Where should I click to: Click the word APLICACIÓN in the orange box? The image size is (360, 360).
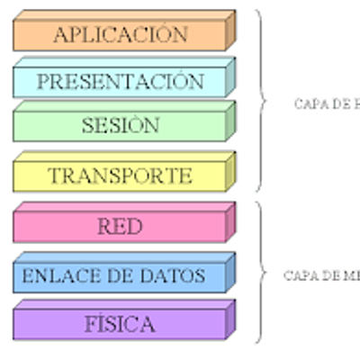coord(120,35)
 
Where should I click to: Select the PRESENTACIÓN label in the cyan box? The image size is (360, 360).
coord(120,82)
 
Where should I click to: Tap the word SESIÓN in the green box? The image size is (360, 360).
coord(120,125)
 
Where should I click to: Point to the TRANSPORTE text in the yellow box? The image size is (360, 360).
coord(120,175)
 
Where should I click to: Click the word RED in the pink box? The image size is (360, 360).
coord(120,227)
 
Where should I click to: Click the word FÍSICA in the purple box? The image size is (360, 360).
coord(120,323)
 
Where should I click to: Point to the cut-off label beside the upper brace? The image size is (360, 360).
coord(326,103)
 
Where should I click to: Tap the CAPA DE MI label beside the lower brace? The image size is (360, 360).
coord(321,275)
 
